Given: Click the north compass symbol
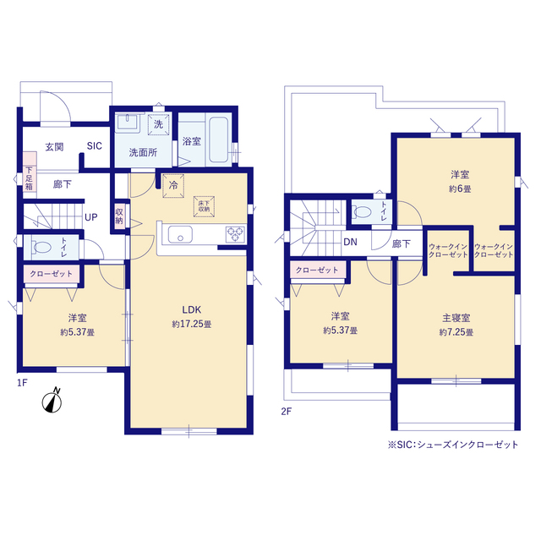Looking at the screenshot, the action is click(x=52, y=402).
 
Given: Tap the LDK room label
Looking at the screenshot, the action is click(x=192, y=310).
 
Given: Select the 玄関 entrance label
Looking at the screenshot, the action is click(x=54, y=147).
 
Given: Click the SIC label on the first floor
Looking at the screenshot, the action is click(x=94, y=146).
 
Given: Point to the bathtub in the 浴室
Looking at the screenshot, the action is click(x=219, y=139).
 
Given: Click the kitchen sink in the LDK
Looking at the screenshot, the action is click(x=180, y=235).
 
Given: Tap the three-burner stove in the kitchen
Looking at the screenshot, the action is click(x=236, y=234).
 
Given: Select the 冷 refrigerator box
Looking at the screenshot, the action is click(x=173, y=186).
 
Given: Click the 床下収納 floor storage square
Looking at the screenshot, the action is click(x=204, y=206).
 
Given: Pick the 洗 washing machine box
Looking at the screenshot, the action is click(x=158, y=124).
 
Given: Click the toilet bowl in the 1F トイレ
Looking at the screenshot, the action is click(x=41, y=247).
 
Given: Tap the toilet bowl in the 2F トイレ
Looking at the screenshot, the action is click(x=362, y=211).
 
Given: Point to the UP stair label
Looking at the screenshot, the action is click(x=91, y=217).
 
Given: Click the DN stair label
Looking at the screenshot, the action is click(x=350, y=243).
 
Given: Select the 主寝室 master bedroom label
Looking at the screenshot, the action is click(x=456, y=318).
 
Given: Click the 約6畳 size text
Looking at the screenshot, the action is click(x=460, y=189).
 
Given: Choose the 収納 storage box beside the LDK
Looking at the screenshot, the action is click(x=119, y=216).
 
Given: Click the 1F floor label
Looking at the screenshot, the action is click(x=22, y=383).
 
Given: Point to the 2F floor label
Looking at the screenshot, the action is click(x=286, y=412).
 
